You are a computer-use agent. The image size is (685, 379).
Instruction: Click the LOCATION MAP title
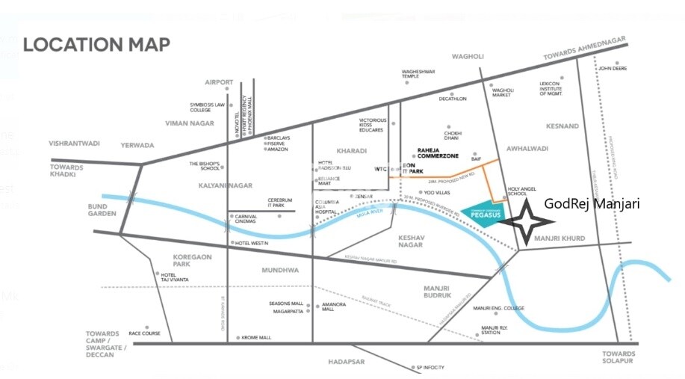[x=96, y=44]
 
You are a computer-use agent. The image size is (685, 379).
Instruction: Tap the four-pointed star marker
[x=527, y=221]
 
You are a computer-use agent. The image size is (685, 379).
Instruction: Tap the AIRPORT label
[x=219, y=82]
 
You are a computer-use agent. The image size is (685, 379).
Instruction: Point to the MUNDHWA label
[x=280, y=270]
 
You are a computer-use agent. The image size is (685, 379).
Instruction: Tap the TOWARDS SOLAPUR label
[x=619, y=358]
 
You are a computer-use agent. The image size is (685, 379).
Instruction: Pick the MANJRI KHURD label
[x=560, y=238]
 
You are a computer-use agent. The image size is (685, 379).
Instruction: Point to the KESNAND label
[x=562, y=126]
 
